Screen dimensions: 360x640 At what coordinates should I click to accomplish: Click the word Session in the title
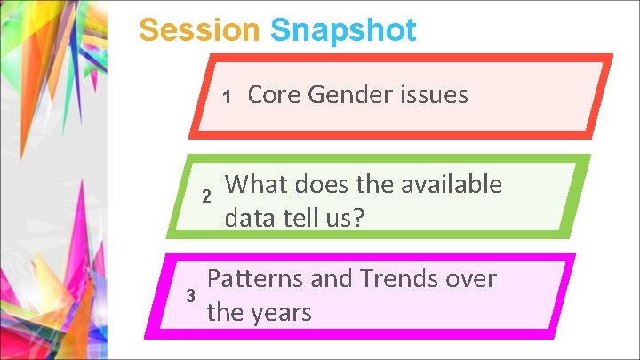[x=200, y=31]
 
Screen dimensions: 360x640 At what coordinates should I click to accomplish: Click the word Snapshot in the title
[x=343, y=31]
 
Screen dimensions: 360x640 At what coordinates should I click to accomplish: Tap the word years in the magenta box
[x=281, y=312]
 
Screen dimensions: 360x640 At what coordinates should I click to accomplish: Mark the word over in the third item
[x=470, y=280]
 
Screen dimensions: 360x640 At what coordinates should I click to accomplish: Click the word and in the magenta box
[x=332, y=280]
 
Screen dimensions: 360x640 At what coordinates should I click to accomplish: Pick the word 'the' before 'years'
[x=225, y=312]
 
